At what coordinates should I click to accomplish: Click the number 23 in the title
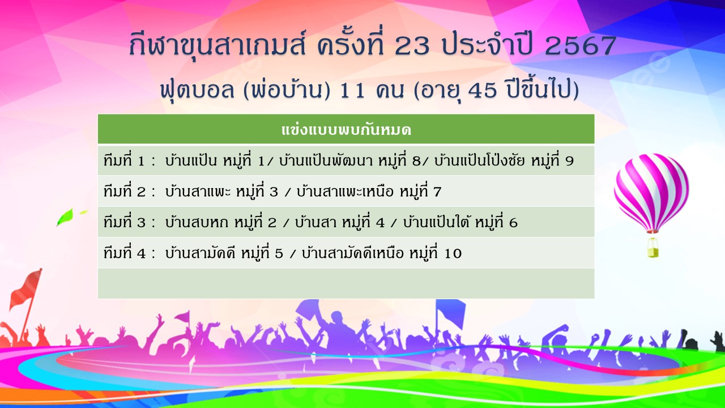[412, 45]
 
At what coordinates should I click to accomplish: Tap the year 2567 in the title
[579, 45]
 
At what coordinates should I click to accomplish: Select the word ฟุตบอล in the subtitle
[197, 90]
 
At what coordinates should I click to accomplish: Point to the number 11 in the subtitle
[352, 91]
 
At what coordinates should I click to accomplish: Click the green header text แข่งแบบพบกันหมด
[346, 130]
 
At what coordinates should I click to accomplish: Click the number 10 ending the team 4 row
[453, 253]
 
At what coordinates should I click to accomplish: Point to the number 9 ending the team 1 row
[570, 161]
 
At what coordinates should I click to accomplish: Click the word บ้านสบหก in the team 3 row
[197, 222]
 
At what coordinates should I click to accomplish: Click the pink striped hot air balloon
[651, 193]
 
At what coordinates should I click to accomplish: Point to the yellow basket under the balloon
[653, 249]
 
